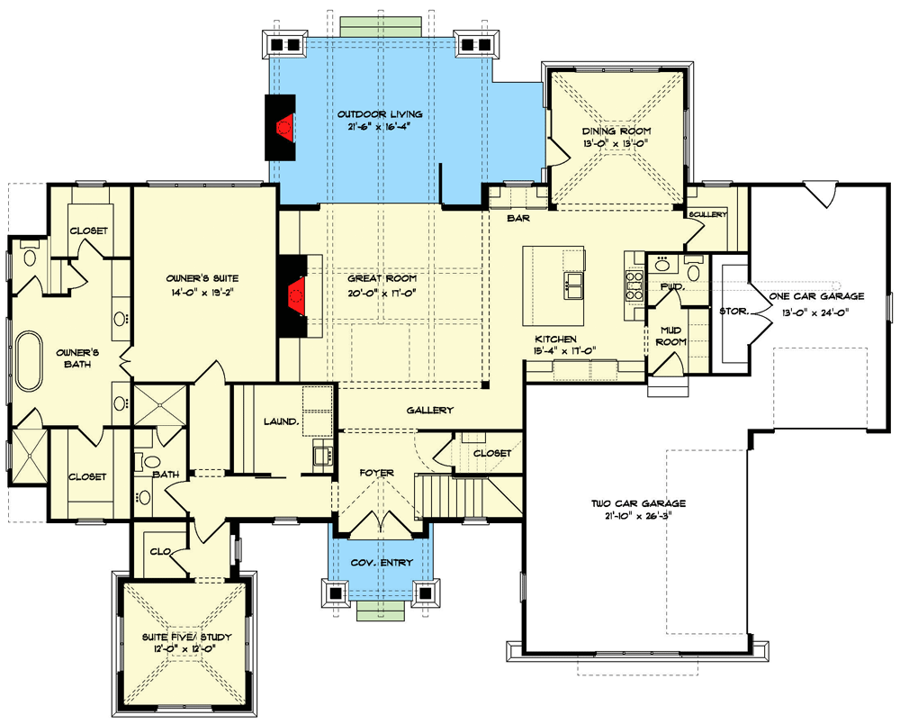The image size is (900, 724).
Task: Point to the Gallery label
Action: click(x=428, y=411)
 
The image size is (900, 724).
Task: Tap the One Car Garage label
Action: click(x=816, y=295)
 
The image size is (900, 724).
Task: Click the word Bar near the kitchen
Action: click(x=517, y=218)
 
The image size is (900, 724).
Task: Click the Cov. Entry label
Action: click(x=382, y=563)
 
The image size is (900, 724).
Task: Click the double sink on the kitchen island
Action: click(x=573, y=287)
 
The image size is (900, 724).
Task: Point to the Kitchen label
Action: click(x=555, y=339)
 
